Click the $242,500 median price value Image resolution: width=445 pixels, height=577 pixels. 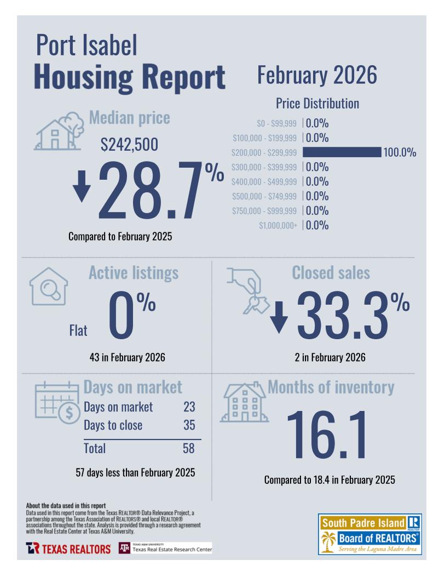[x=129, y=145]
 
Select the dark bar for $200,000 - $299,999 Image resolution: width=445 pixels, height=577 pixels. [x=342, y=152]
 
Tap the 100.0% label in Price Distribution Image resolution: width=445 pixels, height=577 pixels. [x=400, y=153]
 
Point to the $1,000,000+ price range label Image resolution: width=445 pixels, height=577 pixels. [x=278, y=225]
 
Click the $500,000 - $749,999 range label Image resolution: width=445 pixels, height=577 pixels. [x=264, y=196]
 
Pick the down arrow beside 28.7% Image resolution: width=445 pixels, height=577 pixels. [x=82, y=186]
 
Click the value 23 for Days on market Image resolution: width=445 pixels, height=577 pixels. [x=189, y=407]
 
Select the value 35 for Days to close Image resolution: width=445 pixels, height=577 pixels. [x=189, y=425]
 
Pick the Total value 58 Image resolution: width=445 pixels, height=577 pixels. [x=189, y=448]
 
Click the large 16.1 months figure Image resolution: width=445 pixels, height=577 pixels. [x=327, y=435]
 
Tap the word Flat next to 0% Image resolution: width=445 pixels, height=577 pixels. [x=78, y=330]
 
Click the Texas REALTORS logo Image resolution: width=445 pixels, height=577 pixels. [x=68, y=549]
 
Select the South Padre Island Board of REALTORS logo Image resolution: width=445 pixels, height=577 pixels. [x=369, y=534]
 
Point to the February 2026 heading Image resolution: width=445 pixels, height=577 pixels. [x=317, y=75]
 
